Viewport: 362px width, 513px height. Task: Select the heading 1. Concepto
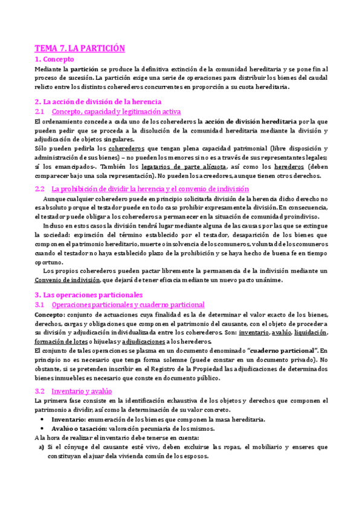pyautogui.click(x=54, y=59)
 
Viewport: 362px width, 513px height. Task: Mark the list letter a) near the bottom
pyautogui.click(x=40, y=447)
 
